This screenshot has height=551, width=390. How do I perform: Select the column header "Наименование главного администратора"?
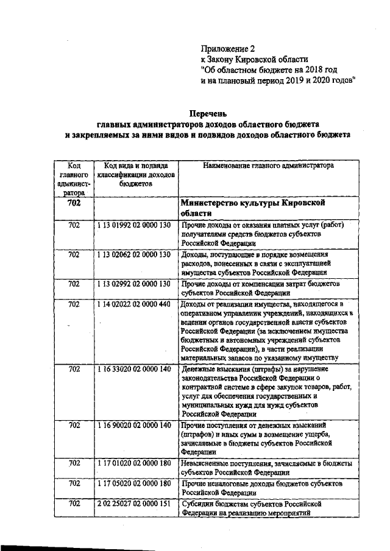pos(261,165)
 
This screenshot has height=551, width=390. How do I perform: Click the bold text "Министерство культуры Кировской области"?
pos(255,208)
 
